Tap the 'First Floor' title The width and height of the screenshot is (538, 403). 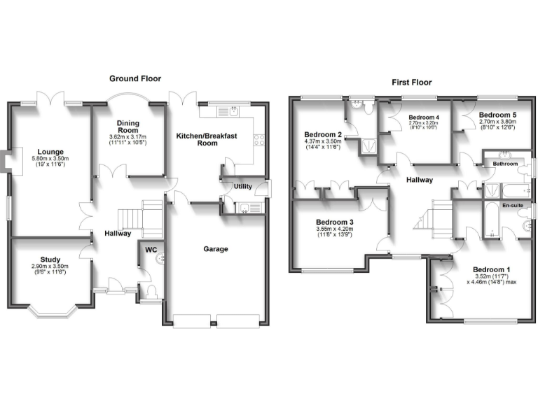pyautogui.click(x=410, y=83)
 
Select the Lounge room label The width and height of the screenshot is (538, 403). pyautogui.click(x=51, y=151)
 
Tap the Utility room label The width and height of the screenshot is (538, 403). pyautogui.click(x=243, y=187)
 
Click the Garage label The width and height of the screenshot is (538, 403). pyautogui.click(x=216, y=249)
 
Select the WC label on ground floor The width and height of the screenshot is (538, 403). pyautogui.click(x=151, y=248)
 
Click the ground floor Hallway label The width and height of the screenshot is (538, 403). pyautogui.click(x=118, y=233)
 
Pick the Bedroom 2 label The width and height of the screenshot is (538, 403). pyautogui.click(x=322, y=134)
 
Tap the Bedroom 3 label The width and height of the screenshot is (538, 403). pyautogui.click(x=333, y=222)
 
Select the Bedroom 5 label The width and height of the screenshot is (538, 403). pyautogui.click(x=497, y=114)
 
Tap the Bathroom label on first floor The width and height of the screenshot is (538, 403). pyautogui.click(x=505, y=164)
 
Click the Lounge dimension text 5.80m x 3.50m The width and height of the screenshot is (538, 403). pyautogui.click(x=51, y=159)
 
